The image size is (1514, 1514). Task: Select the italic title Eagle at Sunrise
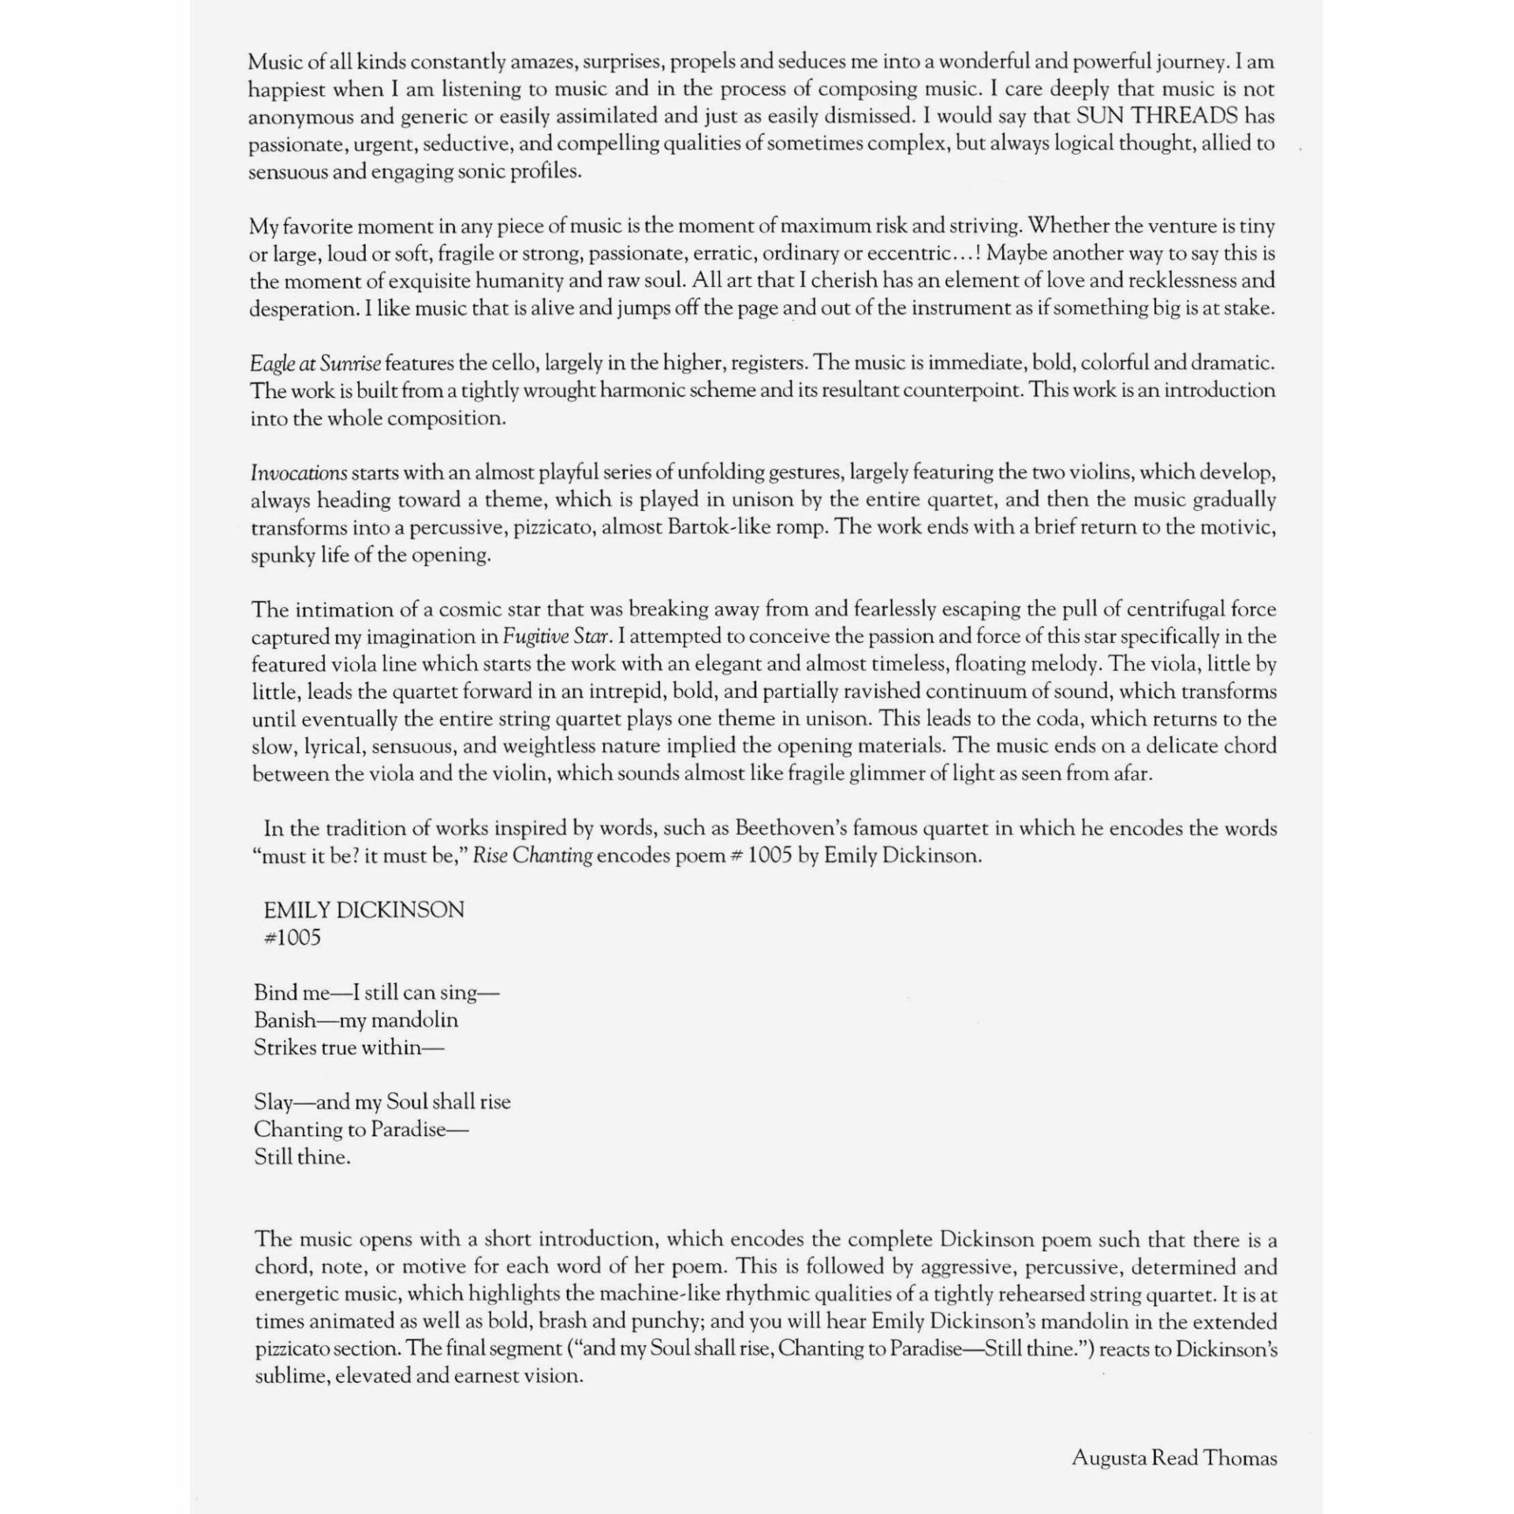(x=315, y=364)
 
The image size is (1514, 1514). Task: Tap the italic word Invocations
(x=299, y=473)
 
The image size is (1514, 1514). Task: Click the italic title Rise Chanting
(x=532, y=856)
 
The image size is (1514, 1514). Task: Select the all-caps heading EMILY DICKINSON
(x=364, y=910)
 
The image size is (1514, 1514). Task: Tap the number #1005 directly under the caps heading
(x=292, y=938)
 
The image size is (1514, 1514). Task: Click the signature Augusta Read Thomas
(x=1174, y=1458)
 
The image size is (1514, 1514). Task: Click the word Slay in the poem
(x=273, y=1102)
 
